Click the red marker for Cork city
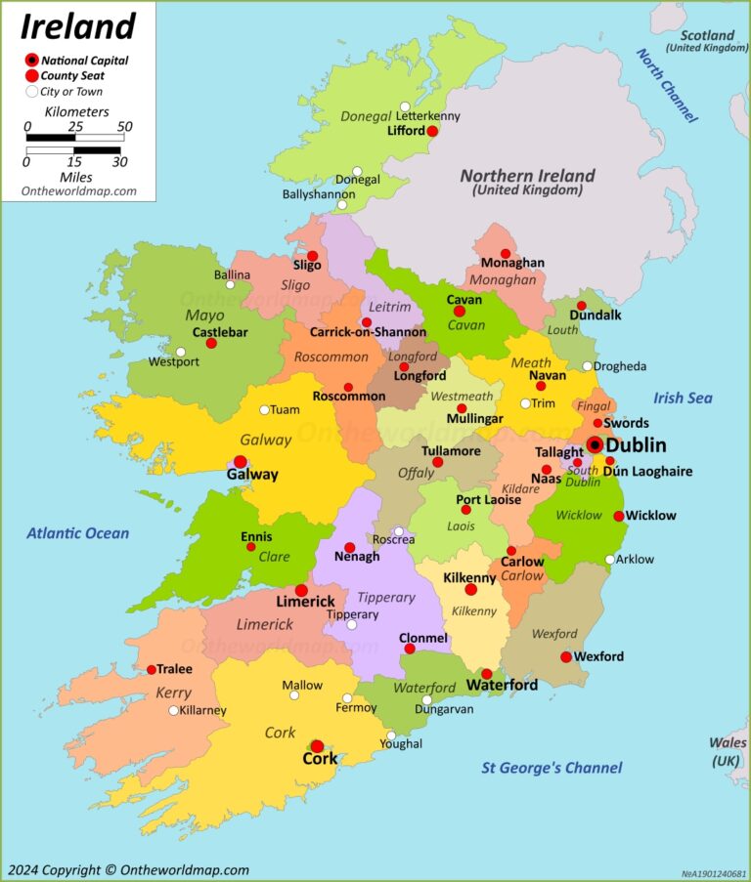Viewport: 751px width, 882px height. [317, 746]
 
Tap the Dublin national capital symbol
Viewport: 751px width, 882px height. [594, 445]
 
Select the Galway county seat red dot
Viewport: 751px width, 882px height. [240, 461]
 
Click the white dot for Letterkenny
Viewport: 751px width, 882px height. [405, 106]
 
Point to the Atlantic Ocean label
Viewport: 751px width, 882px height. [77, 533]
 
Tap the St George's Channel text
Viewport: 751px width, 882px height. [552, 768]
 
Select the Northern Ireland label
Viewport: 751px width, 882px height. [527, 176]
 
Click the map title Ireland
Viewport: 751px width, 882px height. [78, 25]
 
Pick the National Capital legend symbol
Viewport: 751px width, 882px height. [32, 61]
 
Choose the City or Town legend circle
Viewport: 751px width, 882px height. [32, 92]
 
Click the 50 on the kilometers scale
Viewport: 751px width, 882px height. [125, 126]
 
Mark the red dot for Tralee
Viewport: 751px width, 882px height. [152, 669]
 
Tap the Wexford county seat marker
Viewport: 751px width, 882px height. [566, 656]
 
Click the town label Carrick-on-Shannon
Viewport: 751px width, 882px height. [368, 332]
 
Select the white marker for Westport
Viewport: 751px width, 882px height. [180, 352]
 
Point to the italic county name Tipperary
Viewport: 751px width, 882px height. [385, 597]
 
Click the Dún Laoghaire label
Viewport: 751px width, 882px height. [647, 472]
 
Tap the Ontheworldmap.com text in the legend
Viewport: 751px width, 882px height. [79, 191]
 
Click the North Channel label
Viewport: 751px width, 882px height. [667, 86]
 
